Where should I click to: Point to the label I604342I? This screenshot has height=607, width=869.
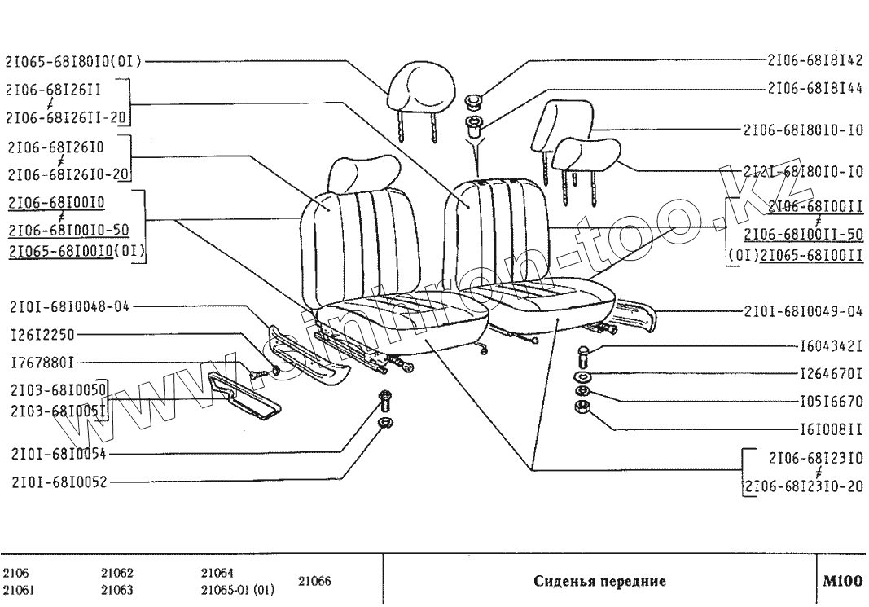(x=831, y=347)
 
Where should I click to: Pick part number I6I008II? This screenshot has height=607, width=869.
(x=831, y=429)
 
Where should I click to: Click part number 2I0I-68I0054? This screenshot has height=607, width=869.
(x=59, y=454)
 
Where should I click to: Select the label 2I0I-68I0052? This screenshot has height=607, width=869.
(x=59, y=482)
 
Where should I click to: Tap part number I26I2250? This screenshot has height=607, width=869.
(x=43, y=336)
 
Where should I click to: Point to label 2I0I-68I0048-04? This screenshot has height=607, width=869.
(x=69, y=307)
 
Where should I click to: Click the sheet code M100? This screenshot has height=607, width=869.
(x=842, y=582)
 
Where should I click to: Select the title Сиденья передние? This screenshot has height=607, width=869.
(x=600, y=582)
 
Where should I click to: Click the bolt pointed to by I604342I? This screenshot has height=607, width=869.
(x=583, y=357)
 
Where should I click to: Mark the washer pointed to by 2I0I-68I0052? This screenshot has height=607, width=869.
(x=385, y=423)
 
